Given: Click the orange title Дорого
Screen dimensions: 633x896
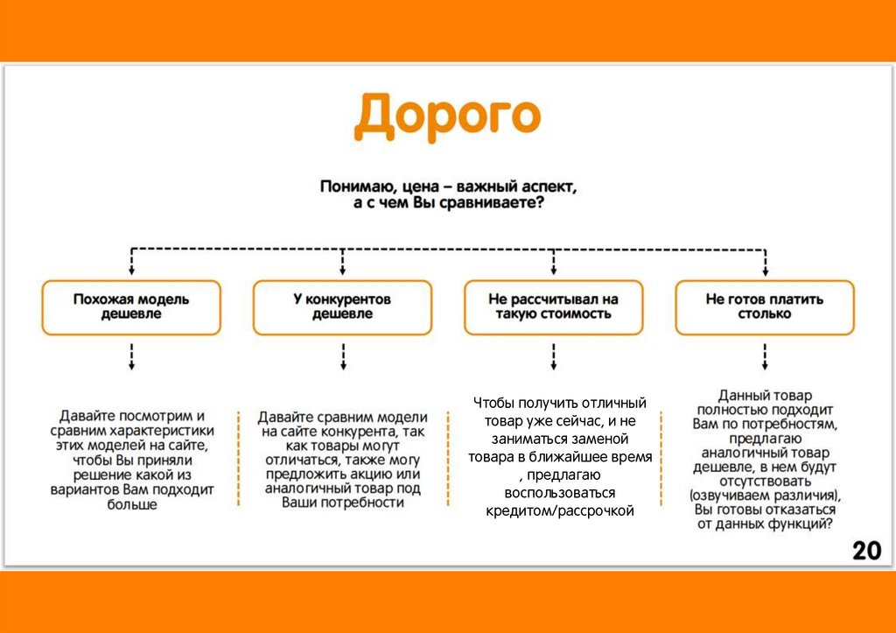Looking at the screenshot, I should point(447,118).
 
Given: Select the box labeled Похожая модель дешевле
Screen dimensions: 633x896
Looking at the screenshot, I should point(131,306).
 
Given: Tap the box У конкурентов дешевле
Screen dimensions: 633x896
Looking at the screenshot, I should point(342,306).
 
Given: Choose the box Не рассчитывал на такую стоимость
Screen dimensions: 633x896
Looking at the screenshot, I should point(553,306).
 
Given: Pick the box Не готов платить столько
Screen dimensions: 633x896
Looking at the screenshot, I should point(765,306).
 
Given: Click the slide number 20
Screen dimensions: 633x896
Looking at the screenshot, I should point(866,551).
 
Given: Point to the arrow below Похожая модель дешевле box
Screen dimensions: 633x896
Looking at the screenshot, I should point(131,356).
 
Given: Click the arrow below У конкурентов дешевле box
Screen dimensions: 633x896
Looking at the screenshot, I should point(342,356).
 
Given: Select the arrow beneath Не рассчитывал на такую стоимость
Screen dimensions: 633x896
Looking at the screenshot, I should point(553,356).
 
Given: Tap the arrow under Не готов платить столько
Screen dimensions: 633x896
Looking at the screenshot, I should point(765,356).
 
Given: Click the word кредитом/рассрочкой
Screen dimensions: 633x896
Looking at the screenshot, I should point(559,511).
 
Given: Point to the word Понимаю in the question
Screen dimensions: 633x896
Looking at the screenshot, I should point(354,186).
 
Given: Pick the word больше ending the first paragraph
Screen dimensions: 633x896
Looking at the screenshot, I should point(131,505).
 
